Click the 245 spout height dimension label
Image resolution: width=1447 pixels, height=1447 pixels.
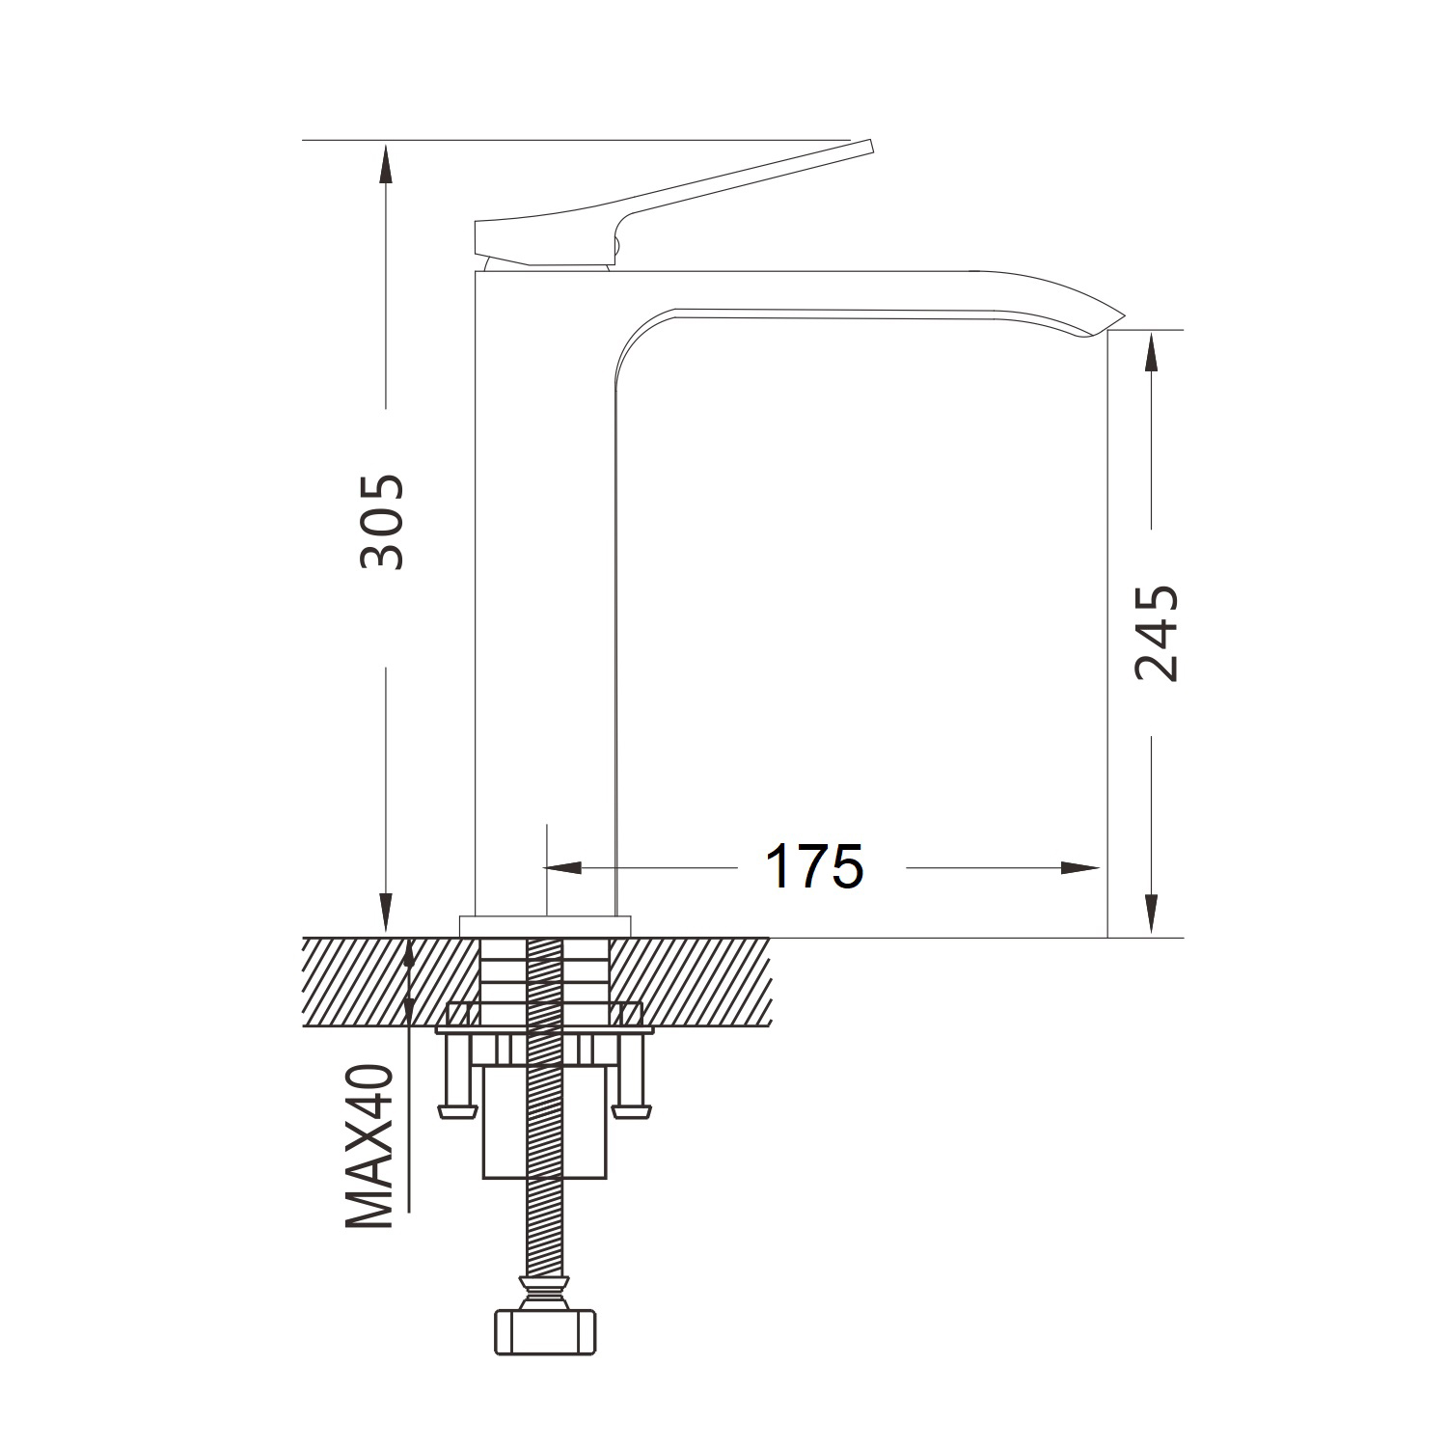click(1156, 633)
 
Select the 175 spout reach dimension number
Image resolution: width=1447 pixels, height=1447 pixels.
click(814, 866)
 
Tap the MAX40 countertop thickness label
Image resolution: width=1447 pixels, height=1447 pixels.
click(370, 1146)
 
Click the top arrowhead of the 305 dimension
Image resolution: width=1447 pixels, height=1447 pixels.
click(386, 162)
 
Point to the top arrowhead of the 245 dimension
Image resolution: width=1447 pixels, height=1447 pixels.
click(1151, 352)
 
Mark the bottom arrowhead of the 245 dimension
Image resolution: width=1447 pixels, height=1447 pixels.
click(1151, 915)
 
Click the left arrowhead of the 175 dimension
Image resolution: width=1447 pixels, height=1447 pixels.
click(566, 867)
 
